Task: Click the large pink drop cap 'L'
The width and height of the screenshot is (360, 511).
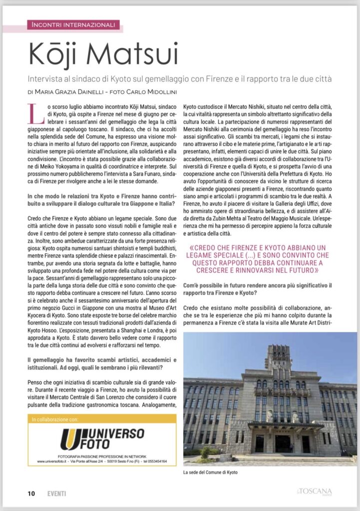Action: [34, 113]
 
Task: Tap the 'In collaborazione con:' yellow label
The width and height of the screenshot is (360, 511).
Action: [55, 420]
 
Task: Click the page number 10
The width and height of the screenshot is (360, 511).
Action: [31, 494]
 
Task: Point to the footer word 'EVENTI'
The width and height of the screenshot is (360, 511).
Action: [56, 494]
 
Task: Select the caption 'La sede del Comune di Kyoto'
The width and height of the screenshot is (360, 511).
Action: [210, 472]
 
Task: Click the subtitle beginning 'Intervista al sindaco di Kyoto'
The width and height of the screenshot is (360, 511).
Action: [180, 79]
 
